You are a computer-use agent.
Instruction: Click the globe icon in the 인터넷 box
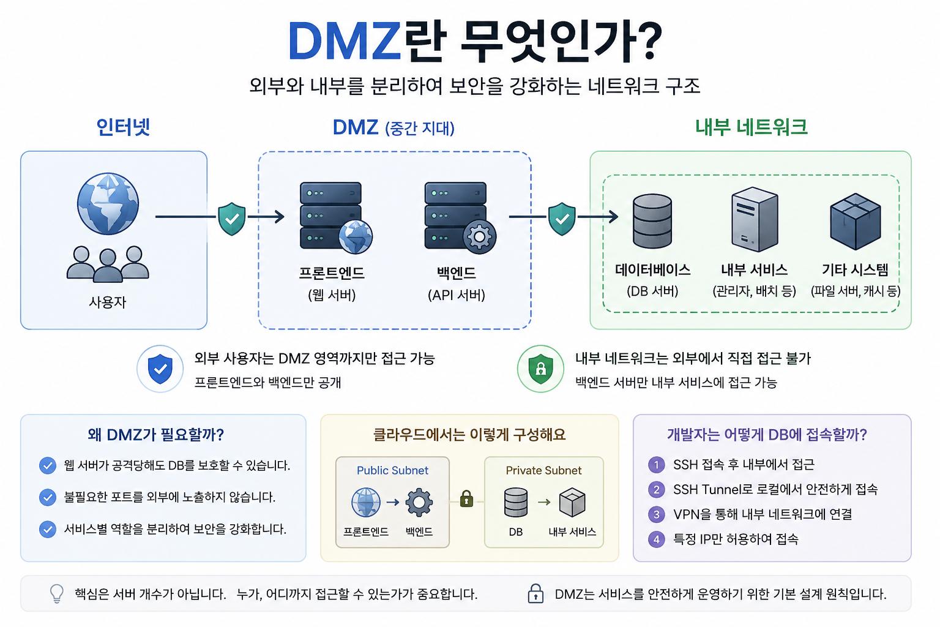pos(108,204)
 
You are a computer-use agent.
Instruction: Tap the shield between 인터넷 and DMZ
pos(232,219)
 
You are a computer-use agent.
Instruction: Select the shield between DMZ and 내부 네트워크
pos(562,219)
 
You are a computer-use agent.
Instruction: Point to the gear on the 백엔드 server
pos(479,237)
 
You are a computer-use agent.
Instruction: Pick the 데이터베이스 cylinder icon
pos(652,221)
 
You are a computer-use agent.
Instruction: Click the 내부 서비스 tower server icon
pos(755,219)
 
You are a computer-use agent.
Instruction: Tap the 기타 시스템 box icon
pos(855,221)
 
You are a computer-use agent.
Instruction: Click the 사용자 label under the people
pos(108,302)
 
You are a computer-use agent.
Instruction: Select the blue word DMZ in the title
pos(344,41)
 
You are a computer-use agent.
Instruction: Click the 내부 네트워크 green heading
pos(751,127)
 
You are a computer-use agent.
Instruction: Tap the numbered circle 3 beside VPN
pos(656,514)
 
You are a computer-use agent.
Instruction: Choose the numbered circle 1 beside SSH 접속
pos(656,465)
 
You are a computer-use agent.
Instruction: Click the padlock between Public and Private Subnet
pos(467,499)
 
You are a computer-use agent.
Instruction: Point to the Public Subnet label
pos(392,470)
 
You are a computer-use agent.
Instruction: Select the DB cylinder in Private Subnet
pos(516,502)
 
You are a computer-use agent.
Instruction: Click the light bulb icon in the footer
pos(57,594)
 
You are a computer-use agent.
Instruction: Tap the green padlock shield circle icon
pos(540,369)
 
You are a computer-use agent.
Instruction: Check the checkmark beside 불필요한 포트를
pos(47,497)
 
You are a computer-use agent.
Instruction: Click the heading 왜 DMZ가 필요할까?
pos(155,435)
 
